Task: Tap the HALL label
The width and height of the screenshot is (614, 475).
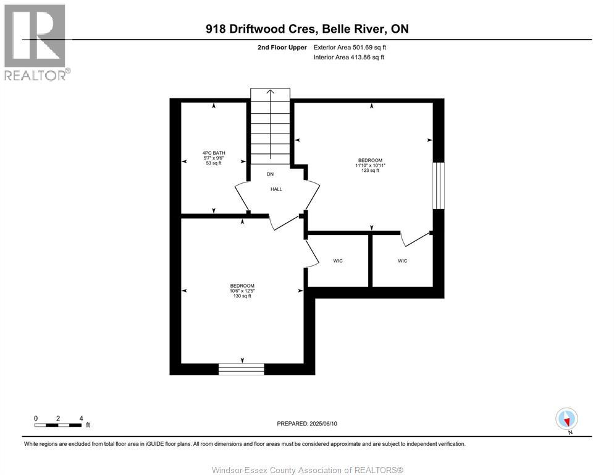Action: tap(276, 189)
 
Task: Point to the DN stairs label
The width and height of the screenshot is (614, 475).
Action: tap(270, 174)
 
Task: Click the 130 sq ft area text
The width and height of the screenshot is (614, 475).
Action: tap(242, 296)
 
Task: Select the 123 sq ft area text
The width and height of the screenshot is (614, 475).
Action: tap(371, 171)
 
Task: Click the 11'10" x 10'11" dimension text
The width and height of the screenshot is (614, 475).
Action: tap(371, 165)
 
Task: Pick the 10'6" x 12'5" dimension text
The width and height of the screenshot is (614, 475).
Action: tap(242, 291)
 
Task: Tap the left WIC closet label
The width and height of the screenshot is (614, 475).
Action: tap(338, 261)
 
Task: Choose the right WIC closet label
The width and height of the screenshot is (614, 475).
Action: tap(402, 261)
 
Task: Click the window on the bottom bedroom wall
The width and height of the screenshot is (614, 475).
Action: tap(242, 369)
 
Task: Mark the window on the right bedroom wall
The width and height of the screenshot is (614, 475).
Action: tap(439, 186)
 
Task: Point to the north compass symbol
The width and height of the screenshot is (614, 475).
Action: tap(566, 419)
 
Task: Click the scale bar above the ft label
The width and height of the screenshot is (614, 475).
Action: tap(58, 425)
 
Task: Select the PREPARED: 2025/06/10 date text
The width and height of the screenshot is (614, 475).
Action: tap(308, 424)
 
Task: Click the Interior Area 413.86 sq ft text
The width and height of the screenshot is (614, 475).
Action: tap(349, 58)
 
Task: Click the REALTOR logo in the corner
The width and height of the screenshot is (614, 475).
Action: tap(35, 41)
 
